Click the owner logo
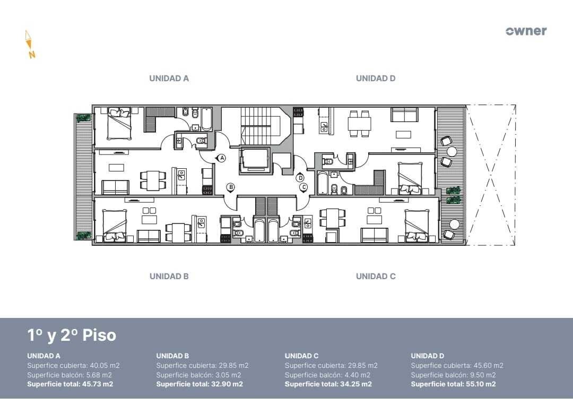coord(526,31)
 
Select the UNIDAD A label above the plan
coord(169,78)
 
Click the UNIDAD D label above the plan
coord(376,78)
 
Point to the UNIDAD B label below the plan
coord(169,277)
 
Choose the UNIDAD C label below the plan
coord(376,277)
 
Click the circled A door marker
coord(221,158)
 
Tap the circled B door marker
coord(231,187)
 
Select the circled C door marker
coord(303,187)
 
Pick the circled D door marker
coord(300,178)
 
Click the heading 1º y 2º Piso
coord(72,335)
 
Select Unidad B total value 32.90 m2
coord(227,384)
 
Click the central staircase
coord(257,126)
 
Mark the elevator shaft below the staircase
coord(254,160)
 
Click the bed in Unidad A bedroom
coord(119,124)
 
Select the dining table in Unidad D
coord(359,124)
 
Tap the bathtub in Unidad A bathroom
coord(206,119)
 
